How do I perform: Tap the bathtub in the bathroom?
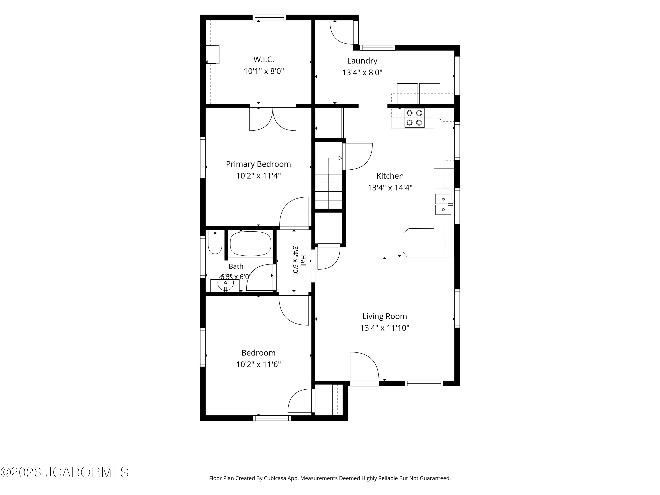point(251,244)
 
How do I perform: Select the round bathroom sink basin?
point(225,282)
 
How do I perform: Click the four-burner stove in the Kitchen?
point(414,118)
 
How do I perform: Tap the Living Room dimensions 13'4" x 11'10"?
point(385,328)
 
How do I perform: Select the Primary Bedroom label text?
point(258,164)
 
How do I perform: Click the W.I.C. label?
point(264,59)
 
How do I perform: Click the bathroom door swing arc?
point(260,277)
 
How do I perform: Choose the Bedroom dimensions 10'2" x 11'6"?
point(258,364)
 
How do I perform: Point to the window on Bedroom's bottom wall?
point(272,418)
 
